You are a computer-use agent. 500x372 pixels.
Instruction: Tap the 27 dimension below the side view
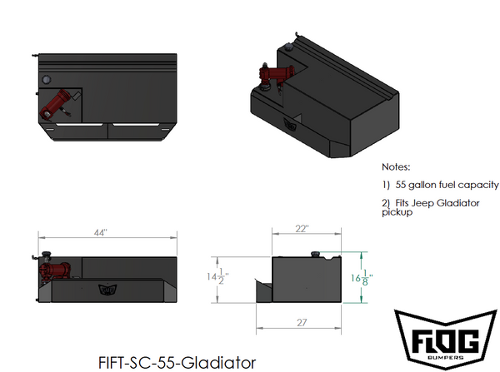click(x=302, y=320)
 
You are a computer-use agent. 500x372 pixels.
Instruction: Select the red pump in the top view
click(x=58, y=107)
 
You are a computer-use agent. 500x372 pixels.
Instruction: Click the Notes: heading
click(x=396, y=166)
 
